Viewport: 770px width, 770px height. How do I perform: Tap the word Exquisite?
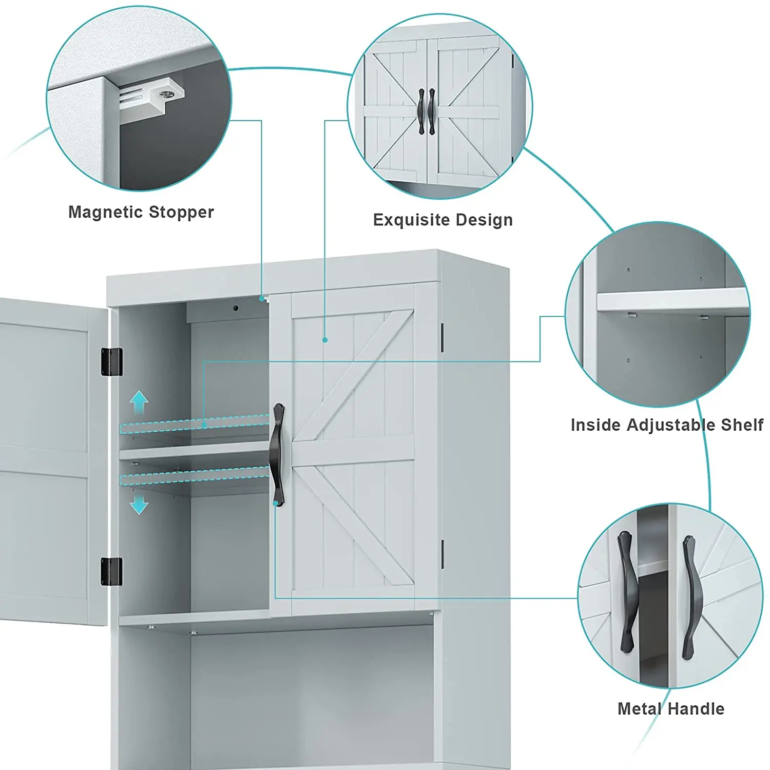[411, 220]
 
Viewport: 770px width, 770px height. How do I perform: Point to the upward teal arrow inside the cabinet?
[139, 401]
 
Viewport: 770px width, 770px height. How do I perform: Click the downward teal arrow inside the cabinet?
[139, 505]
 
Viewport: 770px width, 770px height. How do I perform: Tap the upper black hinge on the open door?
[112, 361]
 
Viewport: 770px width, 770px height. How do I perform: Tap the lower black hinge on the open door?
[112, 571]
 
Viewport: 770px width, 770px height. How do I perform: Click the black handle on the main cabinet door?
[278, 454]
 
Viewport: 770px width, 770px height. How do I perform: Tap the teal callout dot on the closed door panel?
[325, 340]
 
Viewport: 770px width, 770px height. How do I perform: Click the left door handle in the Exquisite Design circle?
[421, 111]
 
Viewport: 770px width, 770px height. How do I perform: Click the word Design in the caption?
[484, 220]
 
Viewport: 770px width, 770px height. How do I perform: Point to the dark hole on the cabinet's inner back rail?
[236, 308]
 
